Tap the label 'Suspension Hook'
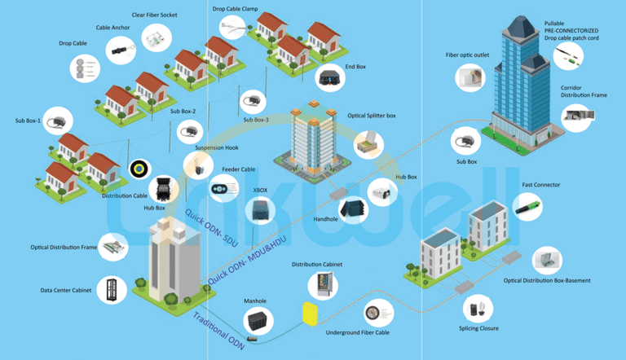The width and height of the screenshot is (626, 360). (x=216, y=147)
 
